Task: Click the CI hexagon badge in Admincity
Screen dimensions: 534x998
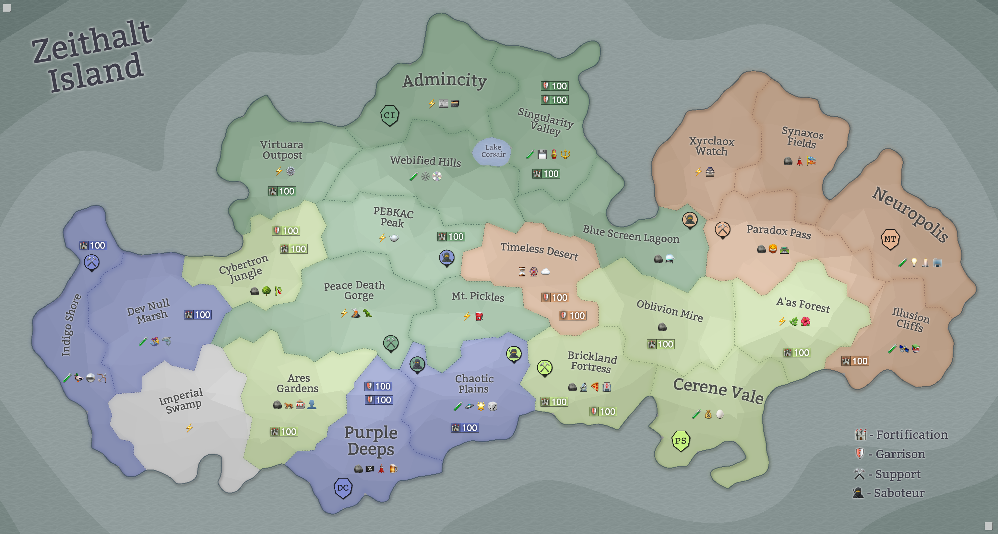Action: pos(389,115)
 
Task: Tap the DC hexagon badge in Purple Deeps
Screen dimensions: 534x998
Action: pos(343,488)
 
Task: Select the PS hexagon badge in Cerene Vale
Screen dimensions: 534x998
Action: pos(680,441)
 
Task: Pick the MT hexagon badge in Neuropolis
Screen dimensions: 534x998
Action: pos(890,239)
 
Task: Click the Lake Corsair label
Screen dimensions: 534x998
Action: pos(493,151)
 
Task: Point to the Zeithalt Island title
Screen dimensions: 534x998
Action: pos(92,56)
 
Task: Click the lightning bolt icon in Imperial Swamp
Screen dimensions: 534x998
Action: pos(189,428)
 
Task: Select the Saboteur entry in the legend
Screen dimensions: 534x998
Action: pos(889,493)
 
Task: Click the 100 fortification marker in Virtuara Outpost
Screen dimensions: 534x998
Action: pos(282,191)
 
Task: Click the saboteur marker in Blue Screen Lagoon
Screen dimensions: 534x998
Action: pos(690,220)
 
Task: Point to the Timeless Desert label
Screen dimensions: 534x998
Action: pos(539,250)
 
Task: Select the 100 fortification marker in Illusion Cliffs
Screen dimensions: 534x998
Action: pos(855,361)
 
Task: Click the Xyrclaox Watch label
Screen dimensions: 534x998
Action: pos(711,146)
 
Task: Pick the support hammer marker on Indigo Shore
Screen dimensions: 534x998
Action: pos(91,262)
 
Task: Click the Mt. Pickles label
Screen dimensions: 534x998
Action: pos(477,296)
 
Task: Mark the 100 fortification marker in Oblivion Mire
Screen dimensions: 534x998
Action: pos(660,344)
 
